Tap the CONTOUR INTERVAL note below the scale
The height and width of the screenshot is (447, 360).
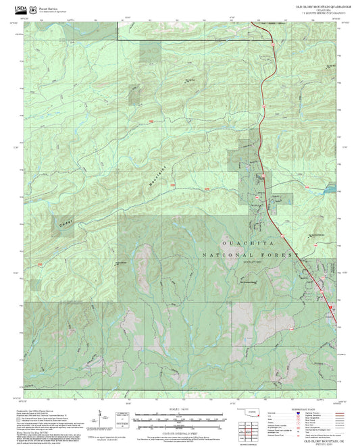click(x=180, y=426)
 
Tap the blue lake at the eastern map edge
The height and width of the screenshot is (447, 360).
click(x=330, y=309)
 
